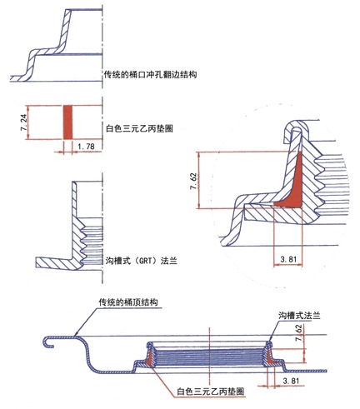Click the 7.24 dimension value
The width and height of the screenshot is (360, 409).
pos(23,122)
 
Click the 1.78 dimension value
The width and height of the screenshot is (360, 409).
pos(86,147)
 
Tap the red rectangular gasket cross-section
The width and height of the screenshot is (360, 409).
pos(67,122)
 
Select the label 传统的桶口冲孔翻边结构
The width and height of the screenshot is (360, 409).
pos(150,74)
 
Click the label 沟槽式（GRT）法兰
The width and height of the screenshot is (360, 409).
pos(142,261)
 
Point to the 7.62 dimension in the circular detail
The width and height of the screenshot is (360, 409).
pos(193,182)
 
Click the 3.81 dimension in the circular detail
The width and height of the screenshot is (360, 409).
pos(288,259)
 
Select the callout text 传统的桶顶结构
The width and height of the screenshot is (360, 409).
pos(128,302)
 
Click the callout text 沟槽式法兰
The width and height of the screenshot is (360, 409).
pos(299,316)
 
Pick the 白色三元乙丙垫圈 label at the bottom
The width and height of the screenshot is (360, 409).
pos(211,392)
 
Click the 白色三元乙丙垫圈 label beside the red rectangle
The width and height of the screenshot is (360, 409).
pos(139,129)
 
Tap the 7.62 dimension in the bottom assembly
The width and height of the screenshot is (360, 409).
pos(299,333)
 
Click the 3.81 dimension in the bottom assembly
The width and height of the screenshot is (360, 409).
pos(291,381)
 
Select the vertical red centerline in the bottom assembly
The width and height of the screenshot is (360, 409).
pos(210,355)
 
